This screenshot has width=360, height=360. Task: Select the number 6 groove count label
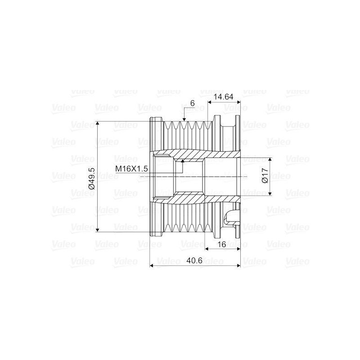point(192,103)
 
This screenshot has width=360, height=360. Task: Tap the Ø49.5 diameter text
point(91,177)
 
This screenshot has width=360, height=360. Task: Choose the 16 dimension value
point(221,244)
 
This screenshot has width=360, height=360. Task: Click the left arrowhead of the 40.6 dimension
point(151,265)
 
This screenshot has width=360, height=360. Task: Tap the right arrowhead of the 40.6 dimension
point(238,265)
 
